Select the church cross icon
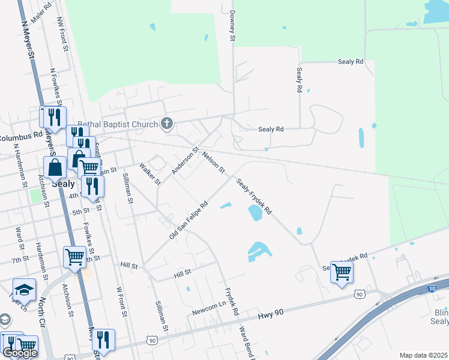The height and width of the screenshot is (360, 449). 167,124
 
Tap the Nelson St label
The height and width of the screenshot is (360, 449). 213,163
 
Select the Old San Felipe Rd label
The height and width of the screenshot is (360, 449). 188,221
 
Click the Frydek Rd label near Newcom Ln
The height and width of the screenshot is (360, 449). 232,304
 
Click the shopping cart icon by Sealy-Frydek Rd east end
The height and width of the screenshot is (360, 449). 342,272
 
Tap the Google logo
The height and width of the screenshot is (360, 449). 20,353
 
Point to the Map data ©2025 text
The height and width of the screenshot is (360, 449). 423,355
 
